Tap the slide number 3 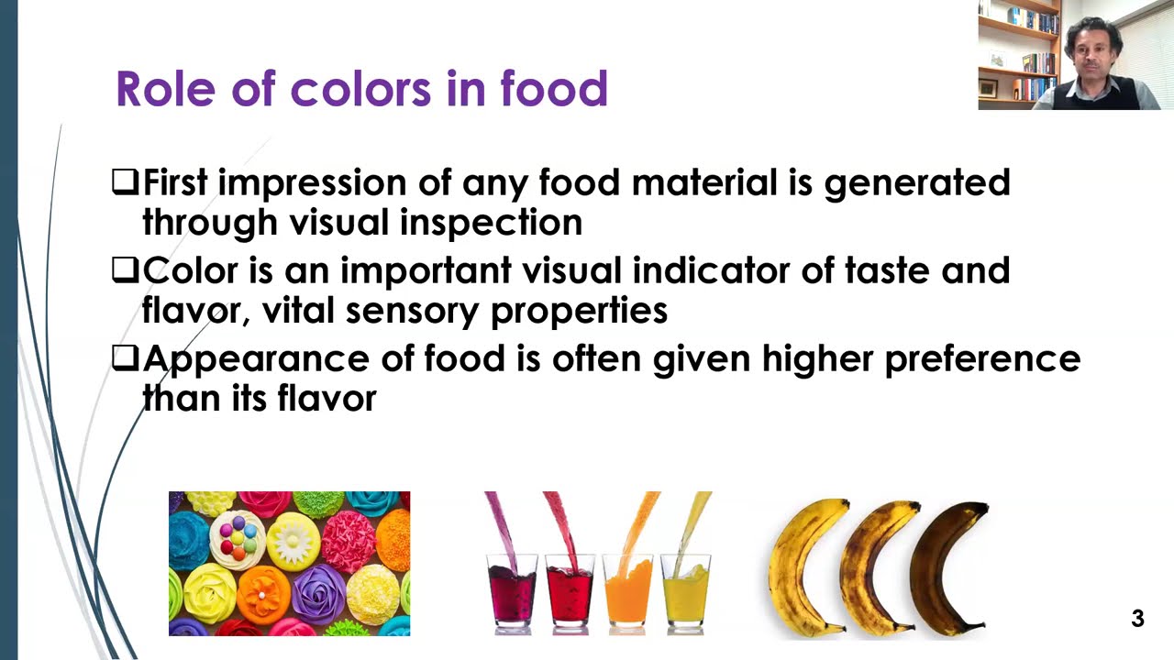[x=1137, y=619]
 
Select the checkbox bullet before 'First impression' [x=125, y=181]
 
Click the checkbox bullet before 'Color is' [x=125, y=269]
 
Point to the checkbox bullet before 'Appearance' [x=125, y=357]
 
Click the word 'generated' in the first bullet [x=916, y=183]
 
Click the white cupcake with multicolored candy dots [x=238, y=538]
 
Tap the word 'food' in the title [x=553, y=89]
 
